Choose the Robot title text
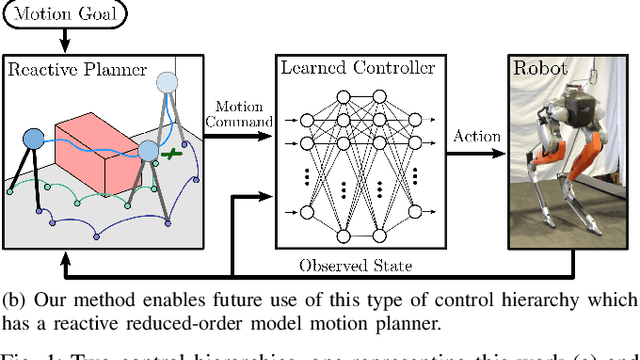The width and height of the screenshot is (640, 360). (541, 70)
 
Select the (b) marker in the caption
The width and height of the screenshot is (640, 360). (14, 298)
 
